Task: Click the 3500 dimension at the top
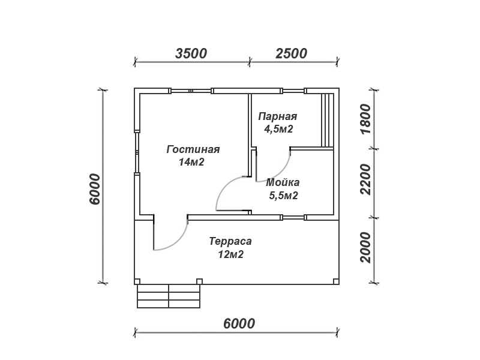[x=191, y=53]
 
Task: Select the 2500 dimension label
[x=291, y=53]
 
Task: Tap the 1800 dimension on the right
[x=366, y=119]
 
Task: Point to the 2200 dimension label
[x=366, y=179]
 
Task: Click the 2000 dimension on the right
[x=366, y=247]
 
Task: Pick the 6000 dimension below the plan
[x=239, y=323]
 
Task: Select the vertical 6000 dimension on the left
[x=95, y=189]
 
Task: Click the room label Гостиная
[x=193, y=149]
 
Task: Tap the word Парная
[x=278, y=116]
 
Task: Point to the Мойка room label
[x=283, y=182]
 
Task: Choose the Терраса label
[x=230, y=241]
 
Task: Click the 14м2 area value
[x=191, y=162]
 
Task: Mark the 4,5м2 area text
[x=278, y=129]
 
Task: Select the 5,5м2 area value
[x=283, y=196]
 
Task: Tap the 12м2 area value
[x=231, y=254]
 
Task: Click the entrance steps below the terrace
[x=169, y=296]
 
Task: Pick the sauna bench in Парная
[x=327, y=121]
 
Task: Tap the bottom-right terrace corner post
[x=336, y=281]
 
